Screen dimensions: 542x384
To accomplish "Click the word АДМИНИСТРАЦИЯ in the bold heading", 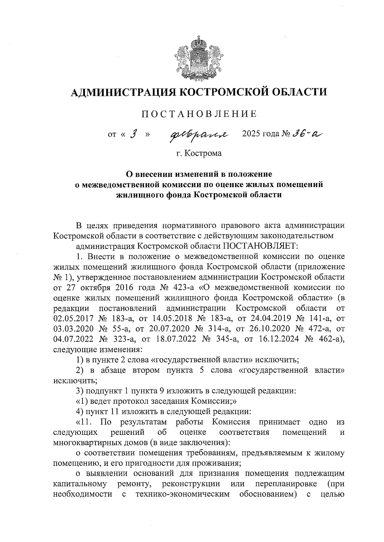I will click(x=122, y=92).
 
